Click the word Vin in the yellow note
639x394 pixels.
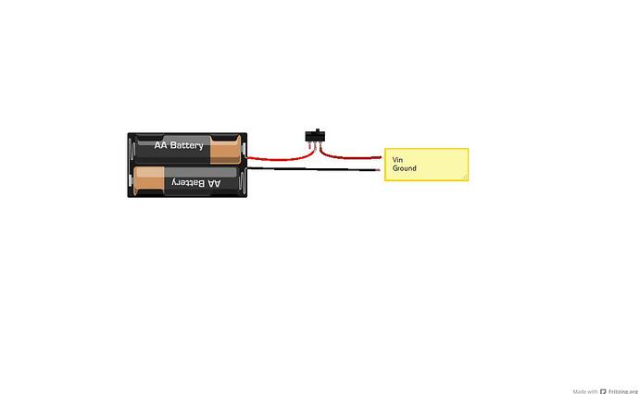(x=397, y=160)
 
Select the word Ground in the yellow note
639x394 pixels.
(x=405, y=168)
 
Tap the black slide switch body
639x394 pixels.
(x=316, y=136)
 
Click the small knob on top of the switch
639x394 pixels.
(x=317, y=130)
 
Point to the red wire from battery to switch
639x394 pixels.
(x=282, y=159)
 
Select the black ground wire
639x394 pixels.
(x=314, y=169)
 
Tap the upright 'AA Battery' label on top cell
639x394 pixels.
(x=179, y=145)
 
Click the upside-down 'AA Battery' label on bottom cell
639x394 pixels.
(x=196, y=183)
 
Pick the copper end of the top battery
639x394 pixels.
(x=225, y=150)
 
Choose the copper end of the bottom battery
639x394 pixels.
(x=149, y=180)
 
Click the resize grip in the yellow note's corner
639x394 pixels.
(x=465, y=177)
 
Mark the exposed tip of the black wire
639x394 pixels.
(x=378, y=170)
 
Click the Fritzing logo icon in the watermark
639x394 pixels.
(x=603, y=391)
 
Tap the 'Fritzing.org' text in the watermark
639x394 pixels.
(x=623, y=391)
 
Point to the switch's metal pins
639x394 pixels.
(x=315, y=146)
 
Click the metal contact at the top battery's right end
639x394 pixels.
(x=244, y=150)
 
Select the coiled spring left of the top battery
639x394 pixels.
(x=132, y=150)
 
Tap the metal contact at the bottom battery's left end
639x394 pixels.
(x=132, y=180)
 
